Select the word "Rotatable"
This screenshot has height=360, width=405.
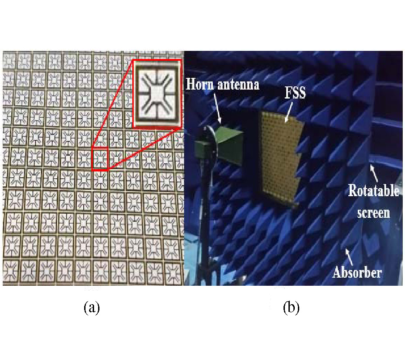point(373,191)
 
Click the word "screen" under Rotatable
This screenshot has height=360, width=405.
point(373,212)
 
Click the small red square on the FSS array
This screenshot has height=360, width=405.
point(100,159)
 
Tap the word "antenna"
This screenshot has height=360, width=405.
point(239,84)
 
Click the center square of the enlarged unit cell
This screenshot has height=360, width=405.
point(154,94)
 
